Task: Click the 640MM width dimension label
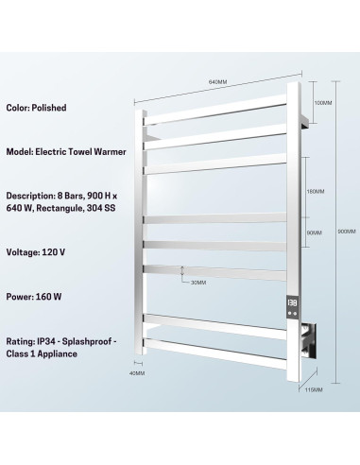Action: click(219, 82)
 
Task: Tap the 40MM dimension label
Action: click(139, 372)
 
